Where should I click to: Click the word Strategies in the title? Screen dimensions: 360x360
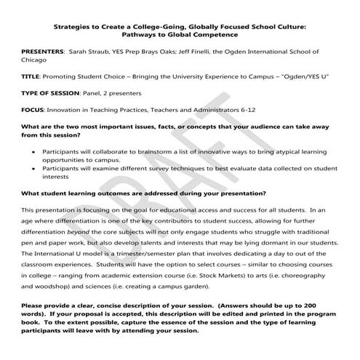coord(71,24)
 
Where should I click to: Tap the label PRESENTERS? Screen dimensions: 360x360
coord(41,52)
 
